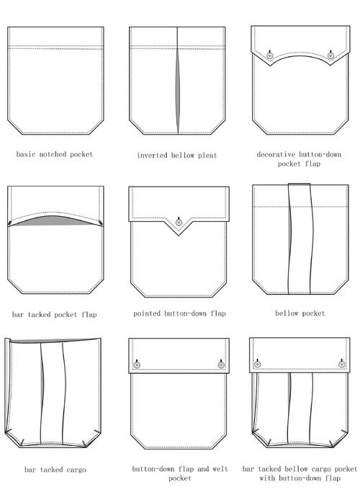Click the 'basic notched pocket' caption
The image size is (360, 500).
55,154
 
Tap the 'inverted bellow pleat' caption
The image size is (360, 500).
177,156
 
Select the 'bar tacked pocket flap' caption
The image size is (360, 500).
55,315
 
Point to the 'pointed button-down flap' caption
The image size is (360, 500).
179,313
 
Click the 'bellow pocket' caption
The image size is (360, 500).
300,313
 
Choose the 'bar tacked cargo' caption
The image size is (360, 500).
55,470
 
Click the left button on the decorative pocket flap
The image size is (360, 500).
270,55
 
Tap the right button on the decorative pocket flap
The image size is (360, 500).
330,55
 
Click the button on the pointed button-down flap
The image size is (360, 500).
179,222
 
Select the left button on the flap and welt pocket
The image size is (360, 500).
137,365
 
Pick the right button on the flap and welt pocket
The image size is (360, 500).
221,365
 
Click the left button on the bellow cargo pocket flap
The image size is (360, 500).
258,364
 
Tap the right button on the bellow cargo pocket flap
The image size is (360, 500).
341,364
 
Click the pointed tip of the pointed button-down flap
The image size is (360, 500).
179,236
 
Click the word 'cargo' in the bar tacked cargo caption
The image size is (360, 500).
76,470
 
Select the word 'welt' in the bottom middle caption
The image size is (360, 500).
220,469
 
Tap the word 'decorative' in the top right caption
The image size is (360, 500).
276,155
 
